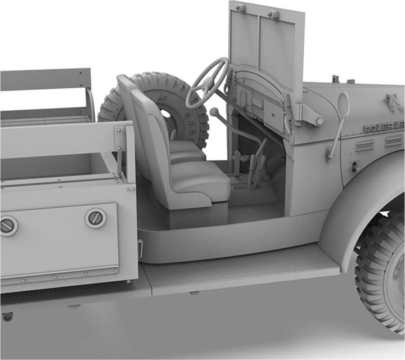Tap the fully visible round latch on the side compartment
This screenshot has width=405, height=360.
(96, 218)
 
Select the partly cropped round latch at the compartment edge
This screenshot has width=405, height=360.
(7, 226)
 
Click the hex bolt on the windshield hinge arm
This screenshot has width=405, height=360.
(319, 121)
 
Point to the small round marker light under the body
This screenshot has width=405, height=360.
(7, 317)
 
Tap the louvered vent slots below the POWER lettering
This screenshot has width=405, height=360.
(365, 145)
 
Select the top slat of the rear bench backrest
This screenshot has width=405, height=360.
(45, 79)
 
